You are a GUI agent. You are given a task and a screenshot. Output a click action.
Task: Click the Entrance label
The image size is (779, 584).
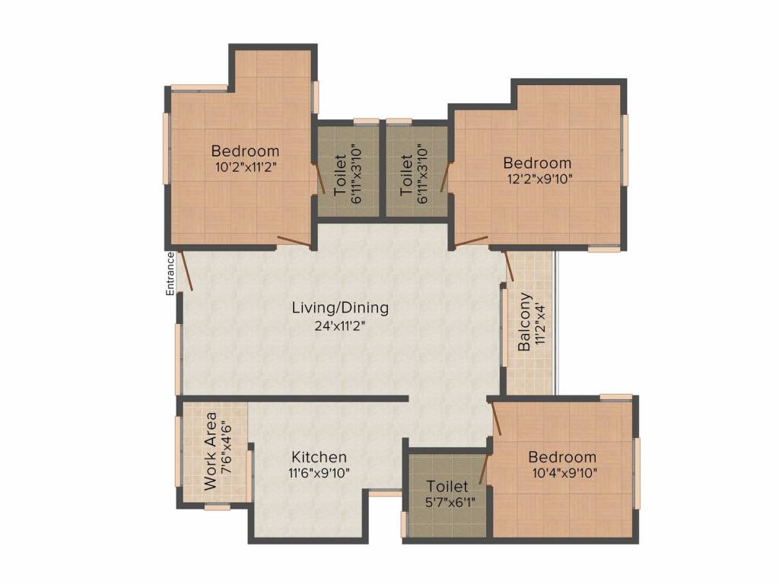[170, 274]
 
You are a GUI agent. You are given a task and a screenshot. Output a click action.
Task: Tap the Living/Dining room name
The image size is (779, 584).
[340, 308]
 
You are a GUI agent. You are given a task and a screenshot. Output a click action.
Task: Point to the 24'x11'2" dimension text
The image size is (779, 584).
[343, 326]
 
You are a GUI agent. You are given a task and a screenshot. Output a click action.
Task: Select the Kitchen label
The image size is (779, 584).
[319, 457]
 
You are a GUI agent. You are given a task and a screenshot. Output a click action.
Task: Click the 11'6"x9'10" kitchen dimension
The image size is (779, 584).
[319, 473]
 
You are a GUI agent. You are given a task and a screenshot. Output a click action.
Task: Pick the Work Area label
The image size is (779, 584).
[211, 452]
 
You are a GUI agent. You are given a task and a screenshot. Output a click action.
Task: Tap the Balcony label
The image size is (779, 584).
[524, 322]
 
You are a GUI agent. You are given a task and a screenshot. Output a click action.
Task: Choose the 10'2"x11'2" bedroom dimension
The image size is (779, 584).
[246, 167]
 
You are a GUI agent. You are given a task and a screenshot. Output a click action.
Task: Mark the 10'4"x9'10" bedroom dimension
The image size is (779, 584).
[564, 473]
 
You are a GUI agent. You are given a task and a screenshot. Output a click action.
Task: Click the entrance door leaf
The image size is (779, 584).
[186, 271]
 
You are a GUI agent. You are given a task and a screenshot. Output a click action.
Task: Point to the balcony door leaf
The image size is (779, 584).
[509, 266]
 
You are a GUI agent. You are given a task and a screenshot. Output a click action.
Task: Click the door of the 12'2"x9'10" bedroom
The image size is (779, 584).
[470, 242]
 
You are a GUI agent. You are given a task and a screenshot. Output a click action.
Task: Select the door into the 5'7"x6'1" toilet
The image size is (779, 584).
[483, 468]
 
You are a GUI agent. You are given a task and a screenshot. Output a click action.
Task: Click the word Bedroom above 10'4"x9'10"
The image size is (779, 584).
[562, 457]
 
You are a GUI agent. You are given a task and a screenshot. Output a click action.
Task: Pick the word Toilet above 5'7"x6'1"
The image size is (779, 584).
[447, 486]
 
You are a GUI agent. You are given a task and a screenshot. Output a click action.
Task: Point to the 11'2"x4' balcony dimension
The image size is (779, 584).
[541, 322]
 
